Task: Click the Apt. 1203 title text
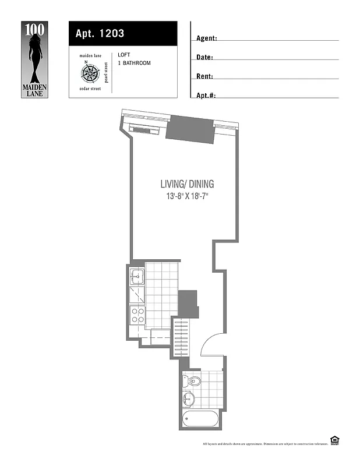click(x=100, y=34)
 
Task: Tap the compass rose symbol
click(x=89, y=73)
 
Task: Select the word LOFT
click(x=123, y=55)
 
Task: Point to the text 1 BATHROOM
click(x=134, y=63)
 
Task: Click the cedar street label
click(x=89, y=89)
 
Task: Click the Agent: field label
click(x=207, y=38)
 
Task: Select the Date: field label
click(x=204, y=58)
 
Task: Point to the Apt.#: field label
click(x=206, y=95)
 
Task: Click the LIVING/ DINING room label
click(x=187, y=184)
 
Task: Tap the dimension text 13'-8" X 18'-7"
click(x=187, y=196)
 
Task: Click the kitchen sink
click(x=137, y=276)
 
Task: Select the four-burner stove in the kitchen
click(x=137, y=315)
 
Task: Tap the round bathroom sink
click(x=188, y=400)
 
